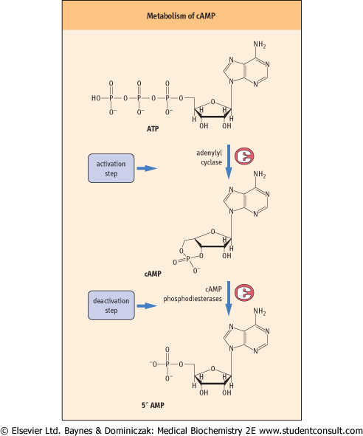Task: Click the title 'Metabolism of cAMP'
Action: (x=181, y=15)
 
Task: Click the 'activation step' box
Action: (x=111, y=168)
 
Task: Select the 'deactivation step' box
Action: (x=111, y=305)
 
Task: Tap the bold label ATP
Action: (x=153, y=129)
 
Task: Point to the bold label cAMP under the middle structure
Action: (x=153, y=274)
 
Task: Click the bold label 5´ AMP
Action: (x=153, y=405)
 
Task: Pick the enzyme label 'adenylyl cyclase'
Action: (x=210, y=158)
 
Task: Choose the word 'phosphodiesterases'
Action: (x=193, y=299)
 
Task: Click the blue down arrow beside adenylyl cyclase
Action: (x=229, y=162)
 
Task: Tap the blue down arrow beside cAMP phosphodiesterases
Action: (x=229, y=298)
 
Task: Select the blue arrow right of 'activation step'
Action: (x=147, y=168)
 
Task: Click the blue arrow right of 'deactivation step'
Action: (x=147, y=306)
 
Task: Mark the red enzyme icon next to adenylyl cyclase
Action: (x=244, y=156)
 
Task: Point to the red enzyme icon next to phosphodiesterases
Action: (x=244, y=293)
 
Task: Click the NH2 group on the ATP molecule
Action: (x=259, y=45)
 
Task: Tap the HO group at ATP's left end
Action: (x=96, y=98)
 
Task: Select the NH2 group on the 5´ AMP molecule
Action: (x=259, y=311)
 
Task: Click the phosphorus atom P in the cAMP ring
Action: (x=188, y=259)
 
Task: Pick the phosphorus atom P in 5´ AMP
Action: (x=167, y=364)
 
